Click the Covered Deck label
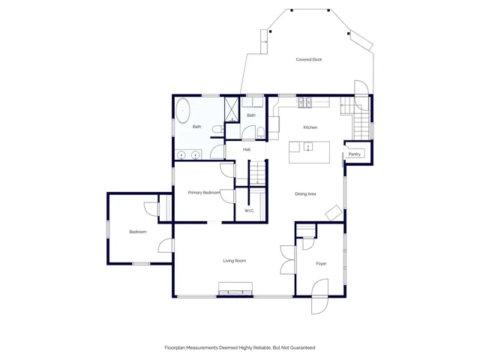[x=308, y=59]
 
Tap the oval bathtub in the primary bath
[x=183, y=110]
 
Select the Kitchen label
[x=310, y=127]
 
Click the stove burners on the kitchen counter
[x=305, y=103]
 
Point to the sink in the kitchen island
[x=308, y=147]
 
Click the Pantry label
[x=355, y=154]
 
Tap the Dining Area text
[x=305, y=193]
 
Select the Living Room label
[x=235, y=261]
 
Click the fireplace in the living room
[x=235, y=289]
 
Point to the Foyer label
[x=321, y=263]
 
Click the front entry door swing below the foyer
[x=320, y=306]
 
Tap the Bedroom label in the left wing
[x=138, y=232]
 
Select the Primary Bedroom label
[x=204, y=193]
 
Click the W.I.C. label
[x=249, y=211]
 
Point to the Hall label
[x=247, y=149]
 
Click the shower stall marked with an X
[x=232, y=109]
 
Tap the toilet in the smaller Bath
[x=260, y=133]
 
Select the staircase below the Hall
[x=257, y=173]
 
